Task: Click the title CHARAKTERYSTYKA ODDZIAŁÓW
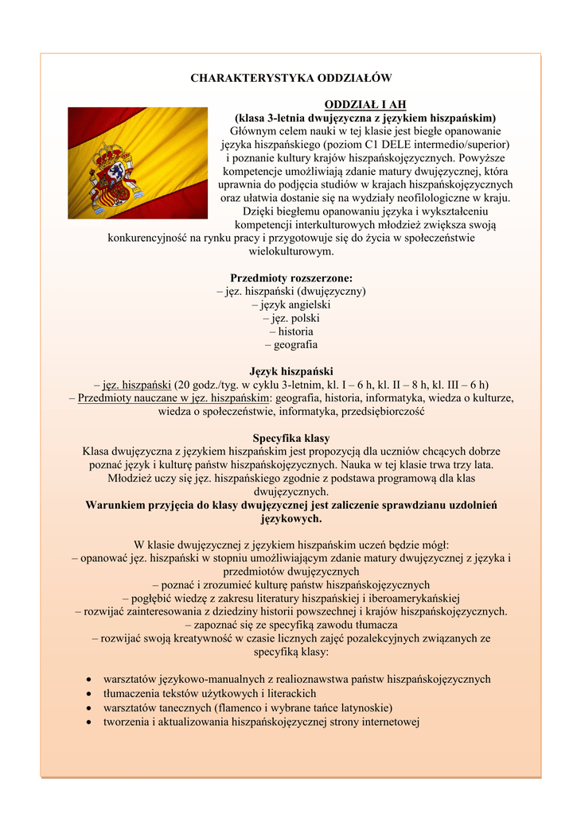pos(290,78)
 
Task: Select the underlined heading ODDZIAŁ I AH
pos(365,105)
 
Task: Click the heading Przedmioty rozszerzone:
pos(290,278)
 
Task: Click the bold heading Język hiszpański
pos(290,371)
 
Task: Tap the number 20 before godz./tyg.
pos(182,385)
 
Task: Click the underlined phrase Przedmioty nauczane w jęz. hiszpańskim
pos(173,398)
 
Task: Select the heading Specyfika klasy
pos(290,438)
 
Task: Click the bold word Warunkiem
pos(120,505)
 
